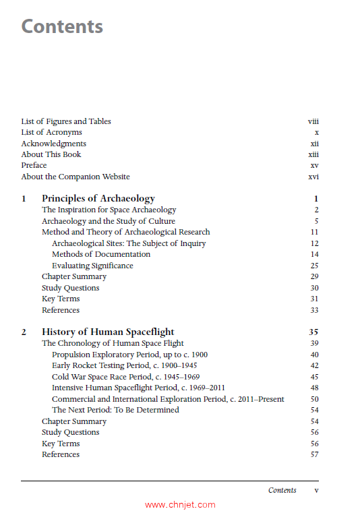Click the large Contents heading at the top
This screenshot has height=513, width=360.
point(62,27)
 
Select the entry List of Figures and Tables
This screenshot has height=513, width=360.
point(66,121)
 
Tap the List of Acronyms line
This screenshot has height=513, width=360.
point(51,133)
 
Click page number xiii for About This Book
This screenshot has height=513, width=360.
point(313,154)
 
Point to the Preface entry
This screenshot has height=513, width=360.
point(34,165)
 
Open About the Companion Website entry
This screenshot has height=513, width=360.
point(76,177)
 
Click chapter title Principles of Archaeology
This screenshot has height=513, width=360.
point(98,199)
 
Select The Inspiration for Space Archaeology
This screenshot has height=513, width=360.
point(109,210)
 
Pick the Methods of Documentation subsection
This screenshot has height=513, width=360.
point(101,254)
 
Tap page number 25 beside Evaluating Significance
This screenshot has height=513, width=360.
point(314,266)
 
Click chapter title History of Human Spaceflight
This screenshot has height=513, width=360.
point(108,332)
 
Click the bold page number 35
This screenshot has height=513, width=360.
point(313,332)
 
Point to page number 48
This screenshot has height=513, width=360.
point(314,388)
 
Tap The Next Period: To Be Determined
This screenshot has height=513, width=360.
point(115,410)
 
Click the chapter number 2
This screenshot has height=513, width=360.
point(24,332)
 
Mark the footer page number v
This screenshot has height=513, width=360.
point(316,490)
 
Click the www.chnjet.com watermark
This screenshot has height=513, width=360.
point(180,504)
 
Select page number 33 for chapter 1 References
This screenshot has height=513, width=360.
point(314,310)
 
